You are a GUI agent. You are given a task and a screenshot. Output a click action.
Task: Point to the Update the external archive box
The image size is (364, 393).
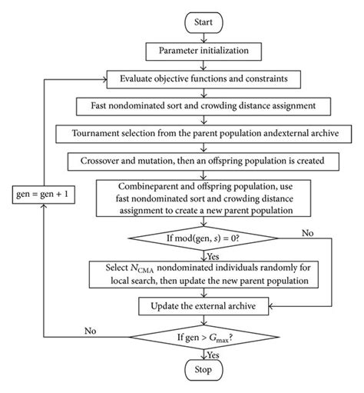(x=204, y=308)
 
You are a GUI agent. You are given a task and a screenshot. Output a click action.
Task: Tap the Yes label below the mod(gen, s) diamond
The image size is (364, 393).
(x=214, y=257)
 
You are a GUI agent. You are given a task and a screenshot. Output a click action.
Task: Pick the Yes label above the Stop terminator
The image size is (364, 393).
(x=214, y=355)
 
